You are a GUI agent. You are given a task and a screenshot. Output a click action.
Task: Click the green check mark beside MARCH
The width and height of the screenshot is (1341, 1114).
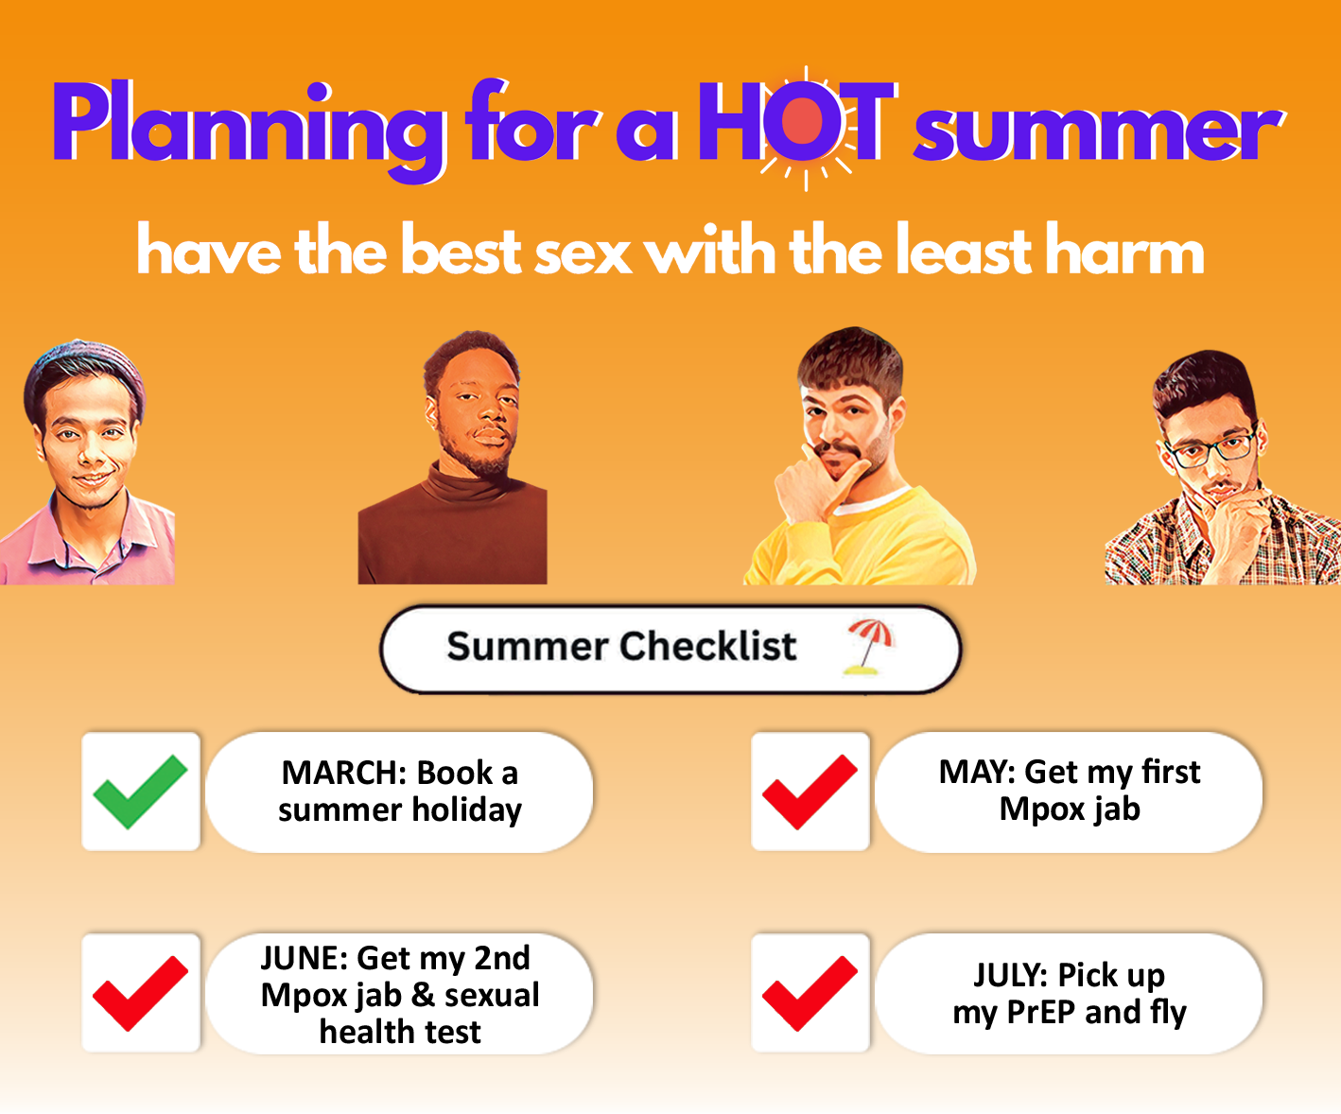(140, 792)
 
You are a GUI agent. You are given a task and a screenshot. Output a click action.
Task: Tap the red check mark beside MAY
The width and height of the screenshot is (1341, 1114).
(810, 792)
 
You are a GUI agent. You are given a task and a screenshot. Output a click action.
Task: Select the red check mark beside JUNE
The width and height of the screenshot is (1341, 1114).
(140, 993)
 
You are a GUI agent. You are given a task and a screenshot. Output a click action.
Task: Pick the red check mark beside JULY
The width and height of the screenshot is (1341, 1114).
(810, 993)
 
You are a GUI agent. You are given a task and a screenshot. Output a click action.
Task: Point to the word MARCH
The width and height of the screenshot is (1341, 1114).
(344, 773)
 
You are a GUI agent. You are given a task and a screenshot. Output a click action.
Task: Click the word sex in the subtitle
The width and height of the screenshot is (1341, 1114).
(583, 254)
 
